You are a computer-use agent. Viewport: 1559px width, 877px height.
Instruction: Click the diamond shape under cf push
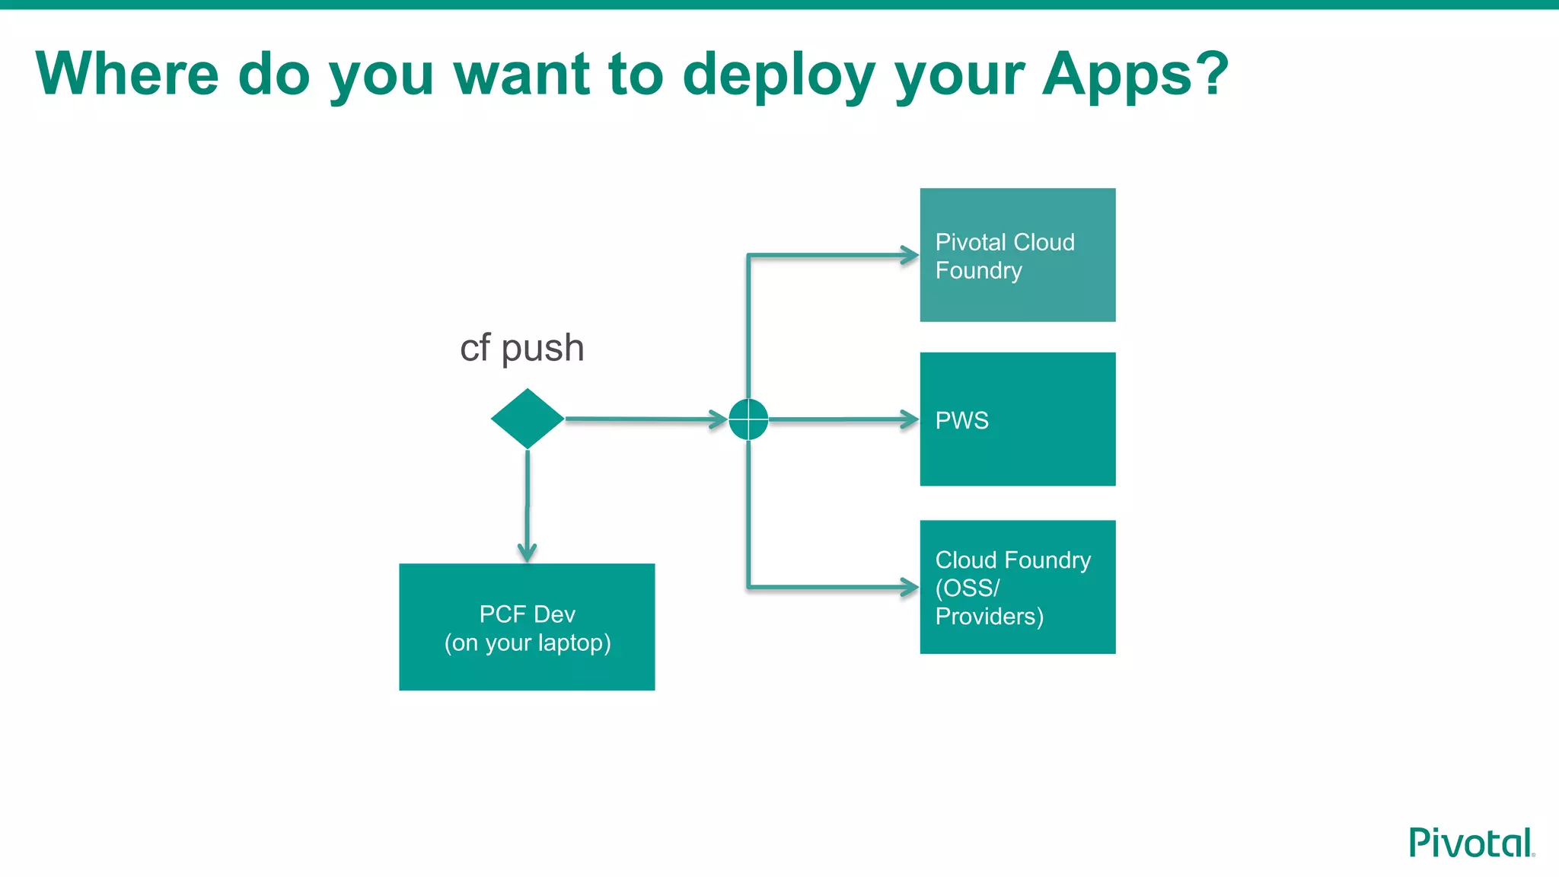pos(527,419)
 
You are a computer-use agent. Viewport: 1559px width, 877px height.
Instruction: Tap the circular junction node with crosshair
pos(748,419)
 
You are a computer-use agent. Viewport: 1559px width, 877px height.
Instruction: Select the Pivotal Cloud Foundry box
pos(1017,255)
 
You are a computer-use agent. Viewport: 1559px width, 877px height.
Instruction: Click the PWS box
pos(1017,419)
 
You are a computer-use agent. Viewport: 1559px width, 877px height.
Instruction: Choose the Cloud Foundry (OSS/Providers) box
pos(1017,587)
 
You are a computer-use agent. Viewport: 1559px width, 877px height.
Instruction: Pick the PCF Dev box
pos(527,627)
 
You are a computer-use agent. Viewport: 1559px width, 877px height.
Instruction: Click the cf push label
pos(522,349)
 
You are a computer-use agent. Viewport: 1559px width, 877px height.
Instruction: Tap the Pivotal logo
pos(1471,844)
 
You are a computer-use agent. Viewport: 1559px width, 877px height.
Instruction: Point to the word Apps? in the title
pos(1135,75)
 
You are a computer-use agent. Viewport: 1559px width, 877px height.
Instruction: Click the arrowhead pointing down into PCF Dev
pos(527,552)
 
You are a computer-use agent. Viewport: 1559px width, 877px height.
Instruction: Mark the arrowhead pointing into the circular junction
pos(718,419)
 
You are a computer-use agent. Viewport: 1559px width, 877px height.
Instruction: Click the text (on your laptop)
pos(528,643)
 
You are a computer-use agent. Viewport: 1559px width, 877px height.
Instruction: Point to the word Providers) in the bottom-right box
pos(989,616)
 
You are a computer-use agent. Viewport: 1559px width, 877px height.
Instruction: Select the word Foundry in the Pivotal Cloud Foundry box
pos(978,270)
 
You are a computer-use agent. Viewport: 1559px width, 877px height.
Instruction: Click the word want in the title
pos(521,75)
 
